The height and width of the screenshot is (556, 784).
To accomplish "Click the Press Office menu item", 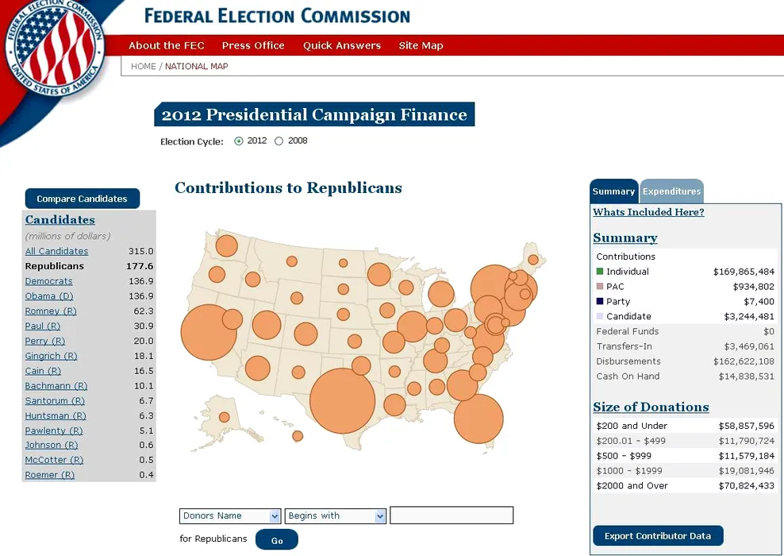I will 253,46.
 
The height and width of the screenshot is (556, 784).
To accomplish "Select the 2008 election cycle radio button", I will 279,141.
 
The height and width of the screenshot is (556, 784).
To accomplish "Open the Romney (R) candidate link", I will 43,311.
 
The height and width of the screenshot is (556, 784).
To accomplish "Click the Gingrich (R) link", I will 51,357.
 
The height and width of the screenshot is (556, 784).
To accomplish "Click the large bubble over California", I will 209,333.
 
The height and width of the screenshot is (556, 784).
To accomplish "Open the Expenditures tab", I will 671,191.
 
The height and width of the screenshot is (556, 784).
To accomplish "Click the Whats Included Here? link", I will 648,212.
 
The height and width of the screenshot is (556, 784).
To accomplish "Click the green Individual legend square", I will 600,272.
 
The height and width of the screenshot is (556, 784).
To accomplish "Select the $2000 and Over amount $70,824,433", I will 747,486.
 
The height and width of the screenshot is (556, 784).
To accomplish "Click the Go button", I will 277,540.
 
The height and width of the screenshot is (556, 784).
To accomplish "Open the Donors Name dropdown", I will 230,516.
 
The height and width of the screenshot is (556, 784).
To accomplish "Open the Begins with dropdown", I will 336,516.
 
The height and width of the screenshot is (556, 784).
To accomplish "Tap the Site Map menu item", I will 421,46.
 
